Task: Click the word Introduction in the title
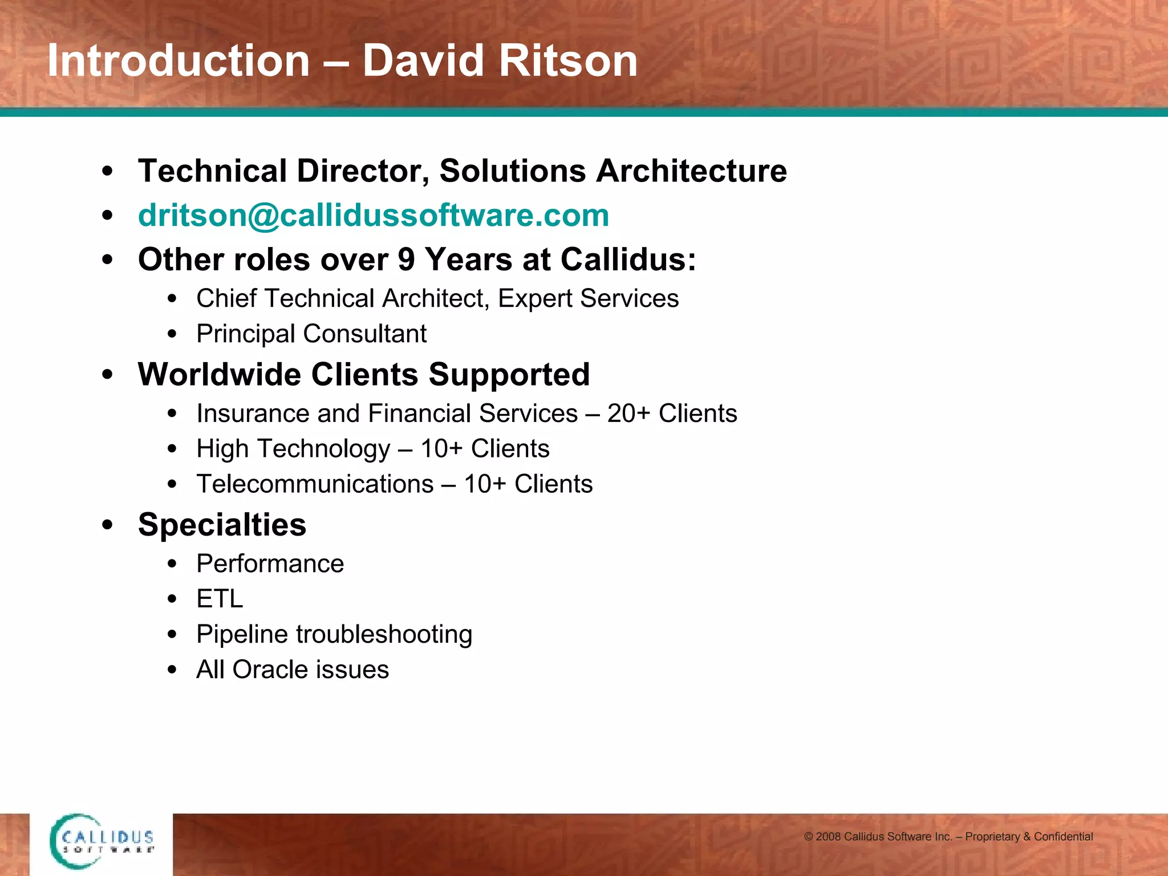coord(179,61)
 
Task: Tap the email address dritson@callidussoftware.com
coord(374,216)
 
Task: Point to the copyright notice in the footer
coord(948,837)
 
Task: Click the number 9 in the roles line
coord(406,259)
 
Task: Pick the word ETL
coord(220,599)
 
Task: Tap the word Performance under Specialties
coord(270,564)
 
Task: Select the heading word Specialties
coord(222,525)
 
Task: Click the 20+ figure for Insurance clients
coord(628,413)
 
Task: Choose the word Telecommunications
coord(315,484)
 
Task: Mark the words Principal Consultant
coord(311,334)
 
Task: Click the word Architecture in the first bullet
coord(691,171)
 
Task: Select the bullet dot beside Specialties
coord(107,525)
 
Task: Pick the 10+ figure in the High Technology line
coord(441,449)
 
